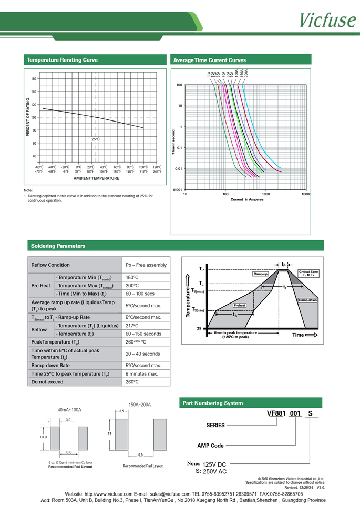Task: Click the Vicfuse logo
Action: pos(327,19)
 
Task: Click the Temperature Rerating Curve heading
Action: pos(62,60)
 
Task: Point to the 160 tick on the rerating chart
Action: pos(34,79)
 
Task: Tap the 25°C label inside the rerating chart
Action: pos(95,139)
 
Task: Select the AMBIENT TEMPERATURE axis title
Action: pos(96,178)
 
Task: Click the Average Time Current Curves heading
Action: pos(210,60)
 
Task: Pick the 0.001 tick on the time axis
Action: pos(178,189)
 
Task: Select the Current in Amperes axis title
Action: pos(247,200)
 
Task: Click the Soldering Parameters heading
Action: pos(58,246)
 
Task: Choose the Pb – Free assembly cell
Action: pos(146,265)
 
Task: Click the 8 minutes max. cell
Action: pos(142,373)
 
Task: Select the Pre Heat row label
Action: pos(41,285)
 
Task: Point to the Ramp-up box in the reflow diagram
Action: pos(261,275)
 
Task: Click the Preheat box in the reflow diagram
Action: pos(240,305)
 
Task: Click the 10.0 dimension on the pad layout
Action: pos(43,437)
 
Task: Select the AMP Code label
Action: pos(210,446)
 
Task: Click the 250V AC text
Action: pos(215,472)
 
